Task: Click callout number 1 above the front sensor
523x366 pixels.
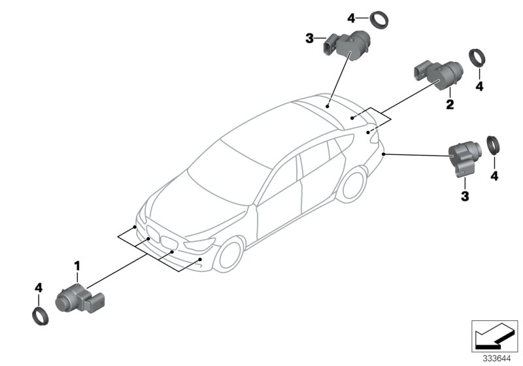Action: pos(76,266)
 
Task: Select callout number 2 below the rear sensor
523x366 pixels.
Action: pos(450,104)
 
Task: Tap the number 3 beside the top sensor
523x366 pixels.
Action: pos(310,39)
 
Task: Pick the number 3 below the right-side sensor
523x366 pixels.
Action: pos(465,195)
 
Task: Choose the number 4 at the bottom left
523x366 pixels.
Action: pos(39,288)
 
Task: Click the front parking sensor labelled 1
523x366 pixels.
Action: pos(76,299)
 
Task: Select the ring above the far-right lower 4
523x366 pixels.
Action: pos(495,145)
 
